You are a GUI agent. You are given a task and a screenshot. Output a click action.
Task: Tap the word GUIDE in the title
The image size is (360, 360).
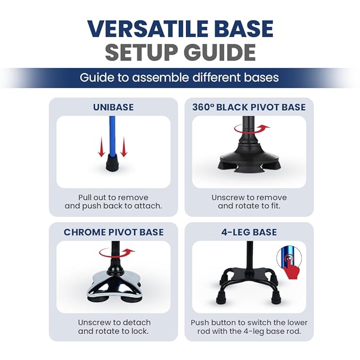point(219,52)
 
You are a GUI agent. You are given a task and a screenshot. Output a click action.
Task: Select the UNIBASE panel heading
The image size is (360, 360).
point(113,107)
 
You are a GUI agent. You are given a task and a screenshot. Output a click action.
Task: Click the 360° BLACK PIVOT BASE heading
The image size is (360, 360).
point(249,107)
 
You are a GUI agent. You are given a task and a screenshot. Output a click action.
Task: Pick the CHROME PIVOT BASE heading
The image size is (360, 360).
point(113,232)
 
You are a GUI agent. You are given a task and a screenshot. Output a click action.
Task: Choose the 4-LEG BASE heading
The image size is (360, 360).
point(249,232)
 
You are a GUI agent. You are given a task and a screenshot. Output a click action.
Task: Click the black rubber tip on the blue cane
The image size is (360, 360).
point(112,162)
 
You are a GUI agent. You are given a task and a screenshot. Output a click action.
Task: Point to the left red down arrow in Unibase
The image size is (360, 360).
point(101,147)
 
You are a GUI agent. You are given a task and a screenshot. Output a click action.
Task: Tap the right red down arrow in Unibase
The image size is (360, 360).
point(124,147)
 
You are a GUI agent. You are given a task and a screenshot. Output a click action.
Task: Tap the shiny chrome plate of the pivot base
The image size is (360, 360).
point(113,284)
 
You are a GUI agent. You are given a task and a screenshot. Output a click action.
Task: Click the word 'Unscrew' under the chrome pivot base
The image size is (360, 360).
point(93,322)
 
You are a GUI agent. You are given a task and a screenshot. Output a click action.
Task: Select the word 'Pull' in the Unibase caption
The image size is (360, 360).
point(84,197)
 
